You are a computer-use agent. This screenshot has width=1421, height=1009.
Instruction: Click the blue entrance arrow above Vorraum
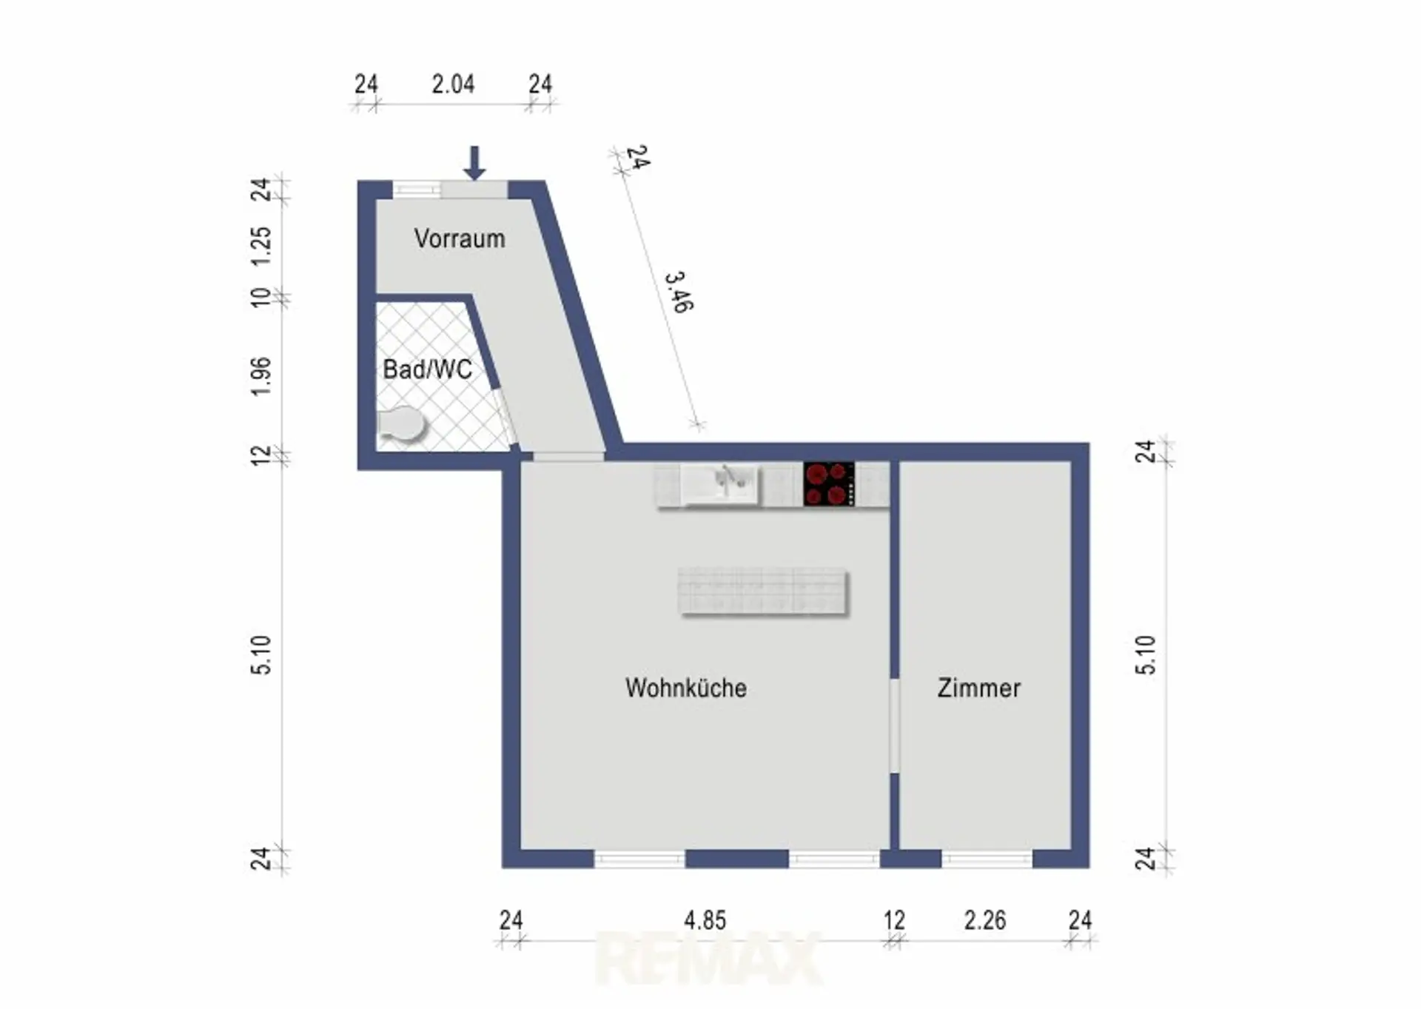tap(474, 163)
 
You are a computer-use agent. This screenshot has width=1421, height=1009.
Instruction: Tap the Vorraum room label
tap(460, 238)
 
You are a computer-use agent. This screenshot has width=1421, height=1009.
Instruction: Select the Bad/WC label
tap(427, 369)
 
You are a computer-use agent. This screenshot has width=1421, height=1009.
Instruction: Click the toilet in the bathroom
tap(402, 426)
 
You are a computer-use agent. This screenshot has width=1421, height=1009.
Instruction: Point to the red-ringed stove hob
tap(829, 484)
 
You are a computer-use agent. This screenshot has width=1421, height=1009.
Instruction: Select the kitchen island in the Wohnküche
tap(763, 591)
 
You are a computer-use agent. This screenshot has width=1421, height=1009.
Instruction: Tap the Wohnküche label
tap(686, 688)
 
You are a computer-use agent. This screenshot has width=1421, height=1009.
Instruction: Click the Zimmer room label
tap(979, 688)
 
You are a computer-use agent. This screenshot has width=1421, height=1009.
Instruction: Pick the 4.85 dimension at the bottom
tap(705, 920)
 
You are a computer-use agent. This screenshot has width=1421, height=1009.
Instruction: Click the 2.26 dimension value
tap(985, 920)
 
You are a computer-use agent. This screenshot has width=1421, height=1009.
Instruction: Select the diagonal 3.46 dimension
tap(679, 292)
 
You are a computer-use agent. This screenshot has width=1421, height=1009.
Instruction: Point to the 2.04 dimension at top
tap(453, 84)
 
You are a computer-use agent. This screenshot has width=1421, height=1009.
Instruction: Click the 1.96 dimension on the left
tap(262, 376)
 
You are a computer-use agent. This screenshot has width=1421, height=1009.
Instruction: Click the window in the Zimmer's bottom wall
tap(987, 859)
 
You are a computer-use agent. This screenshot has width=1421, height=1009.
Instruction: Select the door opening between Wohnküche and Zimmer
tap(894, 725)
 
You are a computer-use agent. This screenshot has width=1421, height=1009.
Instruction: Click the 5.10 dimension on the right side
tap(1144, 654)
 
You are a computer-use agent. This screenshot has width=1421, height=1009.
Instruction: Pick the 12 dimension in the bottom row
tap(894, 920)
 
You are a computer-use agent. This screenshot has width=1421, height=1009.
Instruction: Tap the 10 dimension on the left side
tap(262, 298)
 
